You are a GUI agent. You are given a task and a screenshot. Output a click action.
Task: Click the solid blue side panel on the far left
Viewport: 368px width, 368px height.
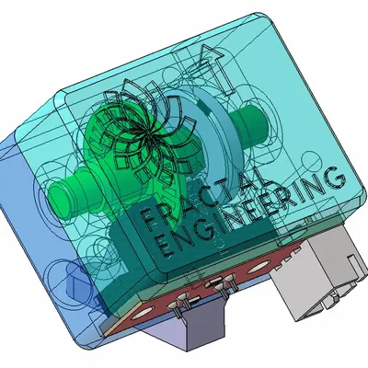pos(18,202)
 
